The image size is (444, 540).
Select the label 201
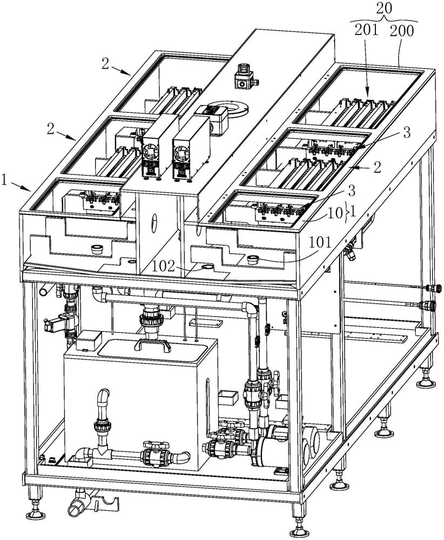pos(367,31)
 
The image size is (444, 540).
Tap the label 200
pos(402,31)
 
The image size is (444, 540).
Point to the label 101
pos(319,242)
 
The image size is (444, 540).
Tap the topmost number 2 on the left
pos(105,64)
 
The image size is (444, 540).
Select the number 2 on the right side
pos(378,168)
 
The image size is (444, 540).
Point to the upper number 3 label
pos(407,133)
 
